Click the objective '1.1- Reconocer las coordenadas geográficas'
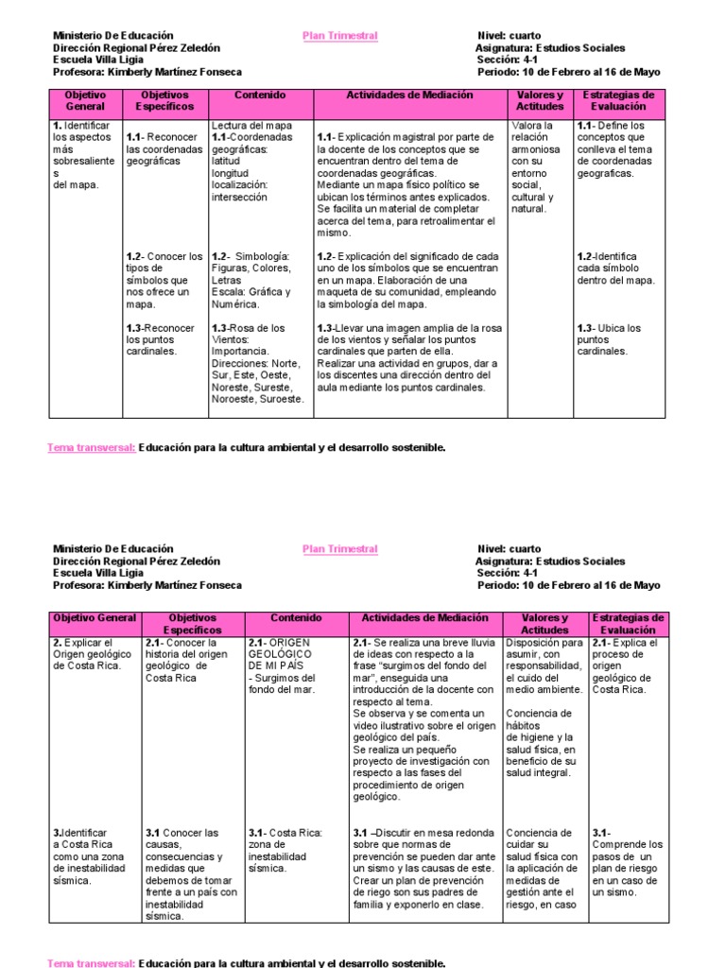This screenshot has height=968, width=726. (164, 148)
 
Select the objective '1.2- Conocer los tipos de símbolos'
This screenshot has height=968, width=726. (164, 280)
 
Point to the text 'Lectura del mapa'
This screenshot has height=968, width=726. (251, 125)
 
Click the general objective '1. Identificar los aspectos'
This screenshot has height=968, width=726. (82, 154)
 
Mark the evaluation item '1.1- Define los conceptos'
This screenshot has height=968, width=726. (614, 148)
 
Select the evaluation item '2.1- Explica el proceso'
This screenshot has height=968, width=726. (622, 665)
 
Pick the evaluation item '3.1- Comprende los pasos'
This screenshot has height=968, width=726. (628, 862)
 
